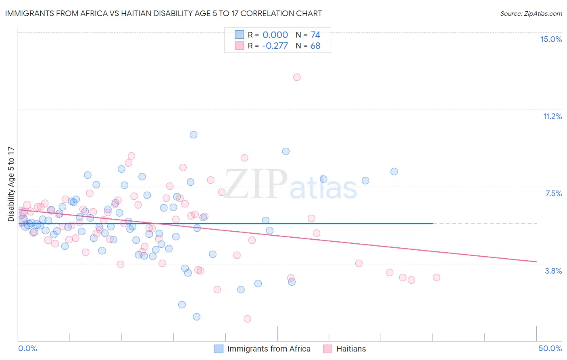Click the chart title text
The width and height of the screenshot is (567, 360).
click(163, 13)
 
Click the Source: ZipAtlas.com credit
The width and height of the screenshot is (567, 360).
click(531, 13)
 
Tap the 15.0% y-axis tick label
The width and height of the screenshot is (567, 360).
click(551, 39)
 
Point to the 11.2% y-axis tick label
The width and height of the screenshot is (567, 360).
click(552, 116)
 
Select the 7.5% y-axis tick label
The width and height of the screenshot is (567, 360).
click(553, 193)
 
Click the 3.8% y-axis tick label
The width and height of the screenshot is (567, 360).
click(553, 271)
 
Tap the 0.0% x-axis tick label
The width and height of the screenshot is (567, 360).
click(27, 348)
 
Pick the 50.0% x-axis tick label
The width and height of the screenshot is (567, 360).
click(550, 348)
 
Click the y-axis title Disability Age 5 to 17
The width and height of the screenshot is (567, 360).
click(11, 184)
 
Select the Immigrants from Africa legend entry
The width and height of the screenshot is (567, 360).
click(263, 349)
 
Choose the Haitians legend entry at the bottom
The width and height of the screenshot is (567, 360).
click(345, 349)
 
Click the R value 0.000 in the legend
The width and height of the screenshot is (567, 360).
click(275, 35)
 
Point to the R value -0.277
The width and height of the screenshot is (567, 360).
click(275, 46)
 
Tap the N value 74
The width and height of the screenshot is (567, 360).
click(315, 35)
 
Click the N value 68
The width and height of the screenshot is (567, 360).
click(315, 46)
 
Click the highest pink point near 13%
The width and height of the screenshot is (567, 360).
click(297, 77)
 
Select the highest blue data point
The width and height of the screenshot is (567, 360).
click(194, 135)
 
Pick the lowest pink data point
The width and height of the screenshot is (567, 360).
click(248, 319)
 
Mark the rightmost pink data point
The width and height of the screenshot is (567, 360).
click(436, 277)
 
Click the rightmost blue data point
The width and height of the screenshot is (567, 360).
click(394, 172)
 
